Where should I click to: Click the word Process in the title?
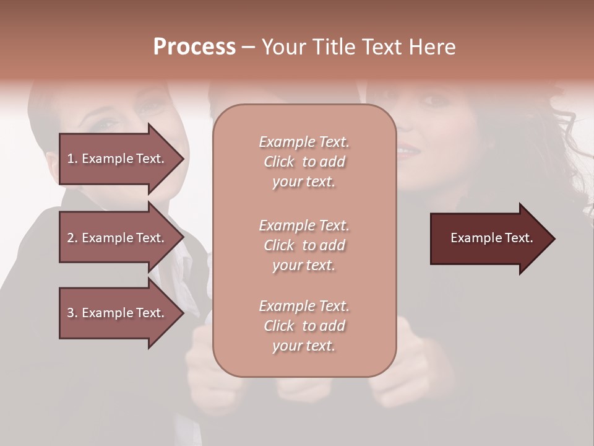click(x=194, y=47)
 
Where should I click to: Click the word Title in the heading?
click(x=332, y=47)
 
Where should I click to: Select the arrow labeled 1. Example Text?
click(x=118, y=159)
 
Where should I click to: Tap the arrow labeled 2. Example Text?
click(x=118, y=238)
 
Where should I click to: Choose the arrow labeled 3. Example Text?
click(x=118, y=313)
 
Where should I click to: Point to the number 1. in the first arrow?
click(x=72, y=159)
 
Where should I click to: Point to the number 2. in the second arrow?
click(x=72, y=238)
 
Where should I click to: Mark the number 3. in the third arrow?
click(x=72, y=313)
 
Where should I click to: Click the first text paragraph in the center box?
click(x=304, y=162)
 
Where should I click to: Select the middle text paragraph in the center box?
click(x=304, y=245)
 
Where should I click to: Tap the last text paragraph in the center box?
click(x=304, y=326)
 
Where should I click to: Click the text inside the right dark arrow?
click(x=492, y=238)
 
